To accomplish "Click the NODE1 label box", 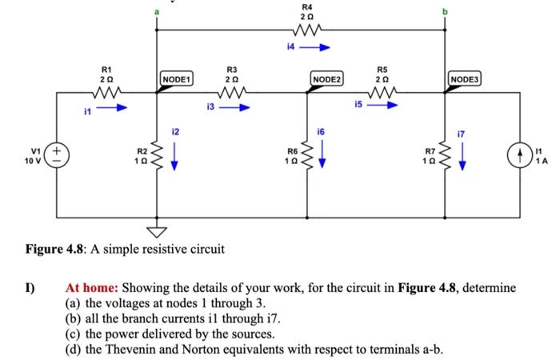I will pyautogui.click(x=175, y=79).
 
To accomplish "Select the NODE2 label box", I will pyautogui.click(x=326, y=79).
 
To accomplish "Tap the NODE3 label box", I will pyautogui.click(x=466, y=79).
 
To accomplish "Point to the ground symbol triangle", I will pyautogui.click(x=156, y=231).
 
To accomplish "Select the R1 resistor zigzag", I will pyautogui.click(x=106, y=93).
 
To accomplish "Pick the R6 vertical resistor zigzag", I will pyautogui.click(x=304, y=152).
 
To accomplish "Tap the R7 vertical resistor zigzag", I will pyautogui.click(x=445, y=152).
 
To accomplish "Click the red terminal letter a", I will pyautogui.click(x=156, y=11).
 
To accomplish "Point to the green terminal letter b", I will pyautogui.click(x=445, y=11).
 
